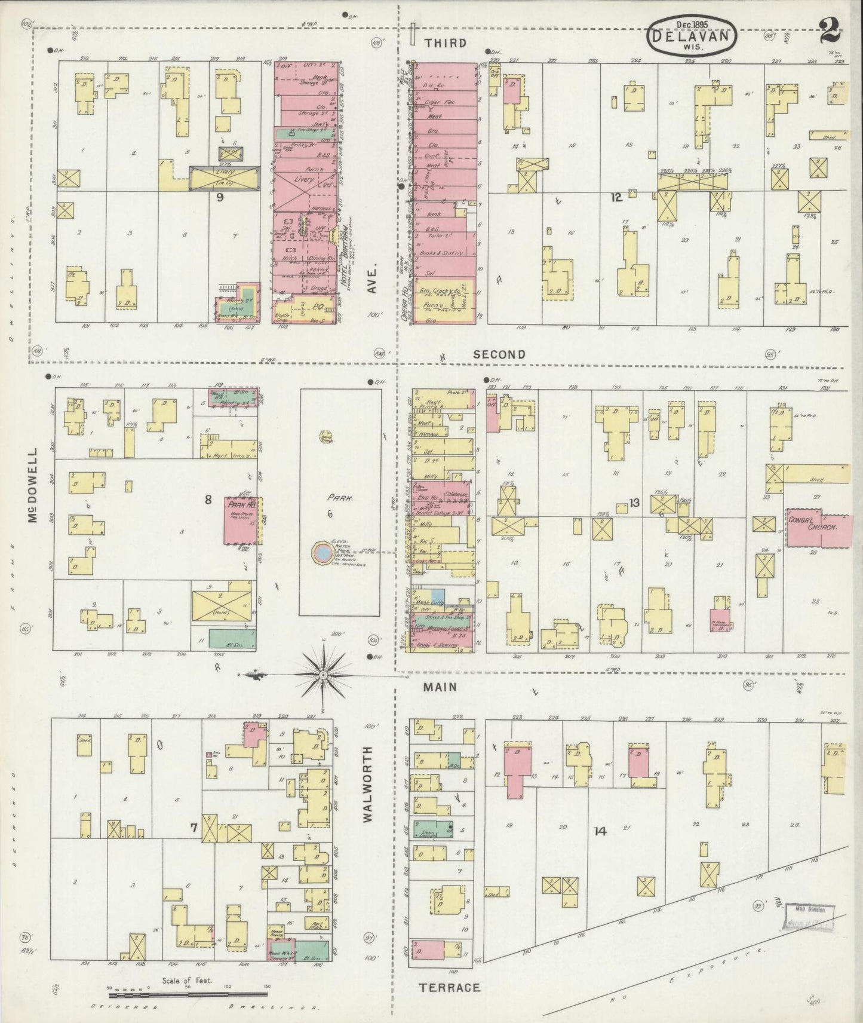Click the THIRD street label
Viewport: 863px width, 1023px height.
click(446, 43)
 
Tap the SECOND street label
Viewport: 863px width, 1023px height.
click(499, 354)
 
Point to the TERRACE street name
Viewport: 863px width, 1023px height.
click(450, 988)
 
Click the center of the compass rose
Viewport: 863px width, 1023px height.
click(323, 675)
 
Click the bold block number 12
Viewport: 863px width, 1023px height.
click(616, 197)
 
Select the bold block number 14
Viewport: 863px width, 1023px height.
click(600, 831)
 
